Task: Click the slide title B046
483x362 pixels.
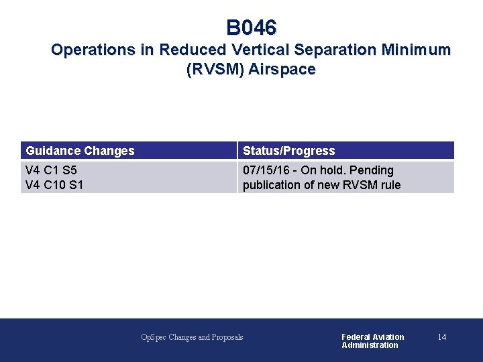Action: point(251,28)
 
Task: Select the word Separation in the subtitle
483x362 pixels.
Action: point(334,50)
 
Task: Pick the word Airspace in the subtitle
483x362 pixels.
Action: point(282,70)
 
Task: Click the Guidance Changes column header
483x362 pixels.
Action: point(80,151)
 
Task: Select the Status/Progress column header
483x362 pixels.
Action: point(288,151)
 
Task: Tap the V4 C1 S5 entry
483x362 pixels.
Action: point(51,170)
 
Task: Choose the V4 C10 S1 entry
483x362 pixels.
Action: point(54,185)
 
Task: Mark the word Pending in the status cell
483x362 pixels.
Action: point(372,170)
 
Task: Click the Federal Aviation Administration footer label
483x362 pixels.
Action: point(372,341)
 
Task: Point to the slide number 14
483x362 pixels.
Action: point(441,337)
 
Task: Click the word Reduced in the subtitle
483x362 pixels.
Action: point(194,50)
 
